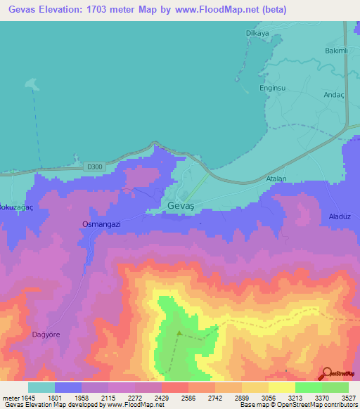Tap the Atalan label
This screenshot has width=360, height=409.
276,179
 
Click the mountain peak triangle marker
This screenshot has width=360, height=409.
179,334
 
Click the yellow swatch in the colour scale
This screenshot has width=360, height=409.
282,387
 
